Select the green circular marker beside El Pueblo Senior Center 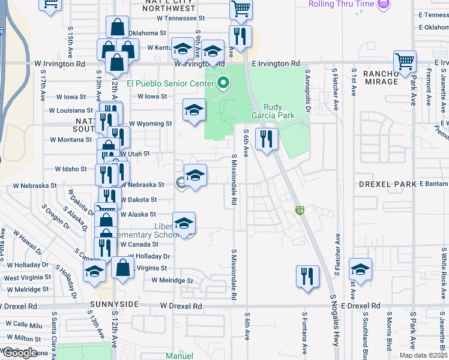[223, 83]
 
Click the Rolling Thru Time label [341, 4]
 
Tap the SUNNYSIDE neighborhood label [115, 305]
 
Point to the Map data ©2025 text [423, 355]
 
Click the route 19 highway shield [299, 210]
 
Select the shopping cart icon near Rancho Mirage [405, 61]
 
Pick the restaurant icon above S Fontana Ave [307, 276]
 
